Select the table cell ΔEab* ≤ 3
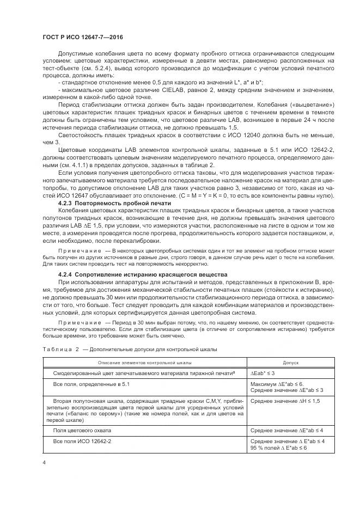pos(263,373)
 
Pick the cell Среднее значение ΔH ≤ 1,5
pos(285,400)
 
